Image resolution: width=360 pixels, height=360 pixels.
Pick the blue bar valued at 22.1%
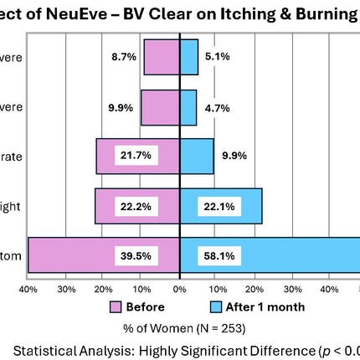[x=243, y=206]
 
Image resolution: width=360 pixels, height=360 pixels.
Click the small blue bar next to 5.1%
[x=189, y=57]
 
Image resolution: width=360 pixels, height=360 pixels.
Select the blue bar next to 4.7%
[x=188, y=107]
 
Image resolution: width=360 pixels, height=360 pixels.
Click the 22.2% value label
[x=136, y=206]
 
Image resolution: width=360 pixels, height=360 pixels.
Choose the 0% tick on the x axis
[x=179, y=289]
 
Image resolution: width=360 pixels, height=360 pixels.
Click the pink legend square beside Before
[x=116, y=306]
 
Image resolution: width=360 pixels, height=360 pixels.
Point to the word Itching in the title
[x=244, y=13]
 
